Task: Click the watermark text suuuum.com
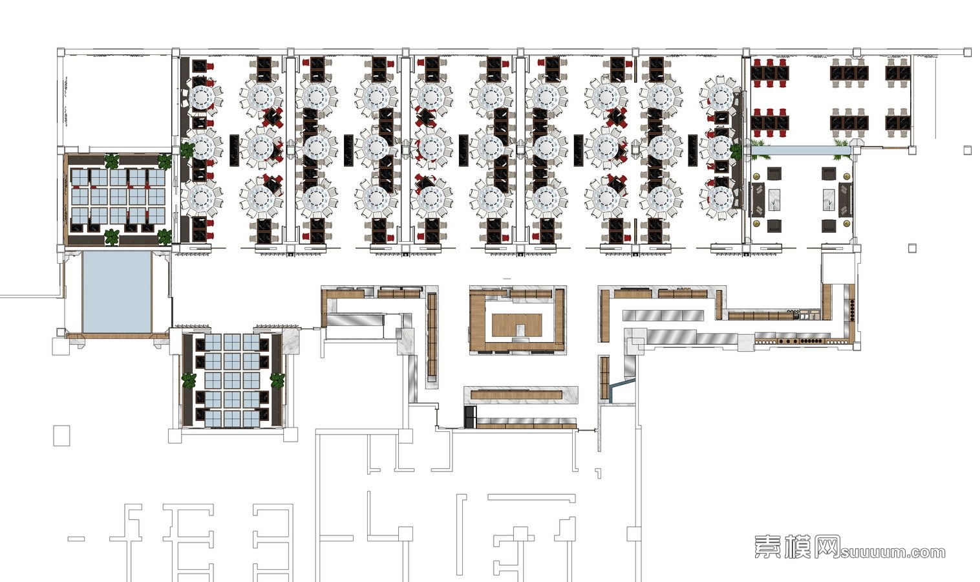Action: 893,553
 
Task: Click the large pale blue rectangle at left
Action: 117,292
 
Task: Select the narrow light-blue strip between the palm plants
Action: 802,150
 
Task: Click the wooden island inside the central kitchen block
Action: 517,325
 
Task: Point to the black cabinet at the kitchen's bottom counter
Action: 469,416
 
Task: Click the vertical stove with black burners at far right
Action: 851,310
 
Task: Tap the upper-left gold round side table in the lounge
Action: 756,177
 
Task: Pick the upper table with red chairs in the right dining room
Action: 769,72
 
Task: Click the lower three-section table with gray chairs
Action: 849,122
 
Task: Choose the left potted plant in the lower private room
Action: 189,380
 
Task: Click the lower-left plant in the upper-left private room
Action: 112,237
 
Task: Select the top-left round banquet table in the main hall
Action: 202,97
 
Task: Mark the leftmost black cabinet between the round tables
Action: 235,150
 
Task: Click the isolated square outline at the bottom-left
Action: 61,435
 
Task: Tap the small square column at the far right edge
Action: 967,151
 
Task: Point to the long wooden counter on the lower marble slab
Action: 517,395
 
